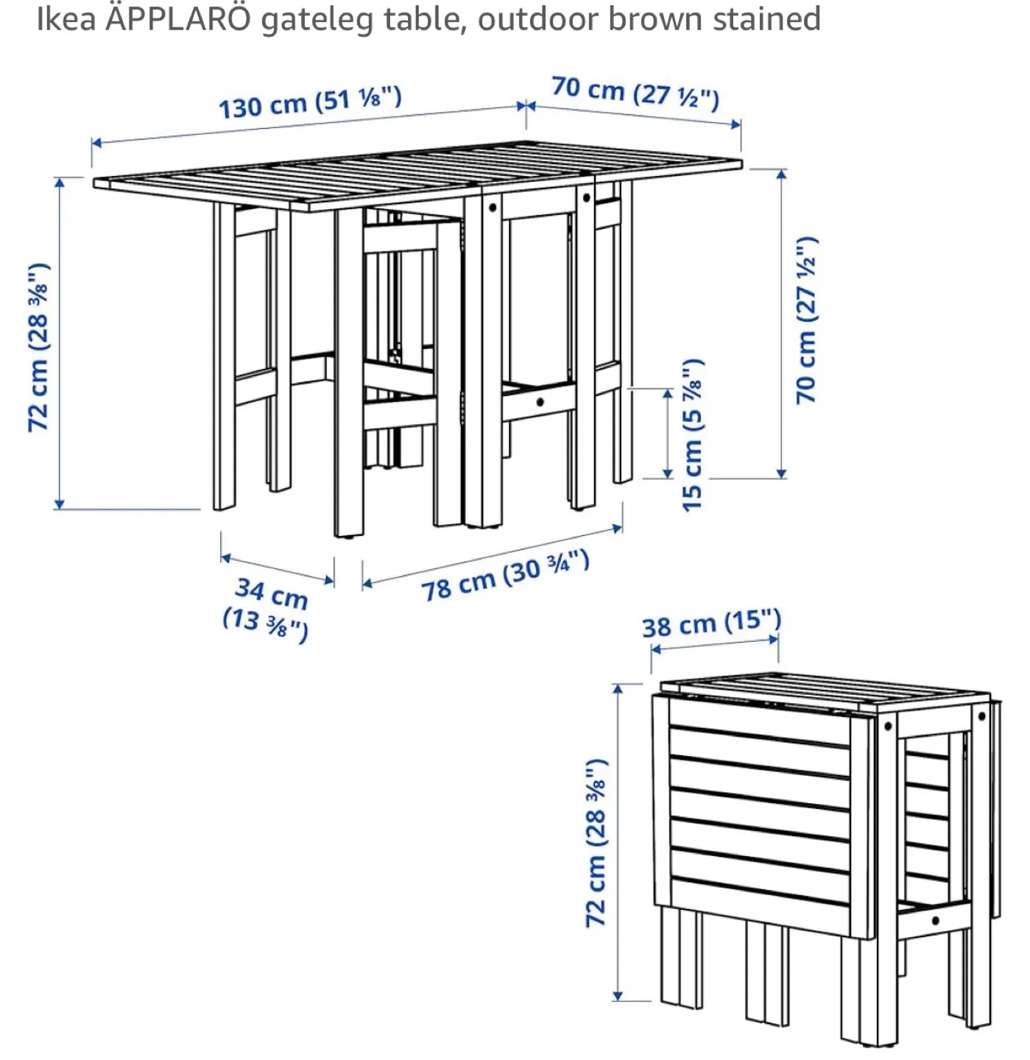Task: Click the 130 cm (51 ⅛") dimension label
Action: coord(310,102)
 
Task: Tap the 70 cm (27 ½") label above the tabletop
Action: coord(635,93)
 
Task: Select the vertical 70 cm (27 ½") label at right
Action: coord(807,320)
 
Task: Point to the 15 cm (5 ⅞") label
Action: coord(692,436)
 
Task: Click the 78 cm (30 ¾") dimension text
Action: coord(505,576)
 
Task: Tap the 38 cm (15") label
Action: coord(710,623)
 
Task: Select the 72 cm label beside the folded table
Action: coord(596,843)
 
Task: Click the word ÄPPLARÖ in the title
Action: coord(178,18)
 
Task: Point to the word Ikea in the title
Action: coord(66,18)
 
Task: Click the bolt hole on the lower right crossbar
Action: coord(540,402)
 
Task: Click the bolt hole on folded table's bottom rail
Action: coord(935,920)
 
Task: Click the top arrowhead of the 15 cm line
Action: coord(668,393)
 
